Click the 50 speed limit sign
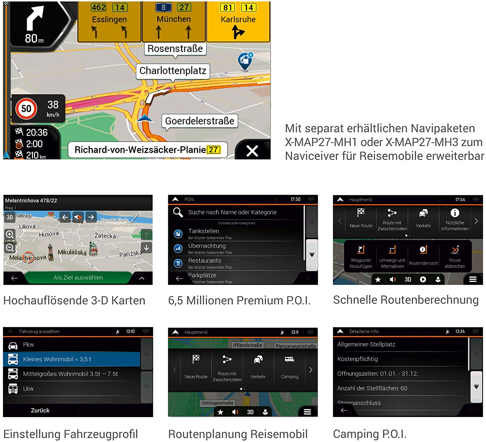click(x=26, y=108)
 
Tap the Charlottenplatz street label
click(x=173, y=71)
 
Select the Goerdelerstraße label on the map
click(x=200, y=121)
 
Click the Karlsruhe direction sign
click(x=238, y=21)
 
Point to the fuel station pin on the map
click(x=245, y=61)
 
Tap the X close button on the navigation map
click(x=252, y=151)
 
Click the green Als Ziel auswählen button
click(x=78, y=278)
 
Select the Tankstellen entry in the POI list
click(x=203, y=232)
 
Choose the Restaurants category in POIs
click(x=204, y=261)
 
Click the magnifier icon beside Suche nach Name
click(x=178, y=212)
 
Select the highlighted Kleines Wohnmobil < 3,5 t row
click(x=72, y=359)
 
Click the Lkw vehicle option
click(x=28, y=389)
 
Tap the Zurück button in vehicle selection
click(x=40, y=410)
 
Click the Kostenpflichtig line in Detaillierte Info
click(x=357, y=359)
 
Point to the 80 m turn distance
click(x=34, y=39)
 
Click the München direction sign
click(x=174, y=21)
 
